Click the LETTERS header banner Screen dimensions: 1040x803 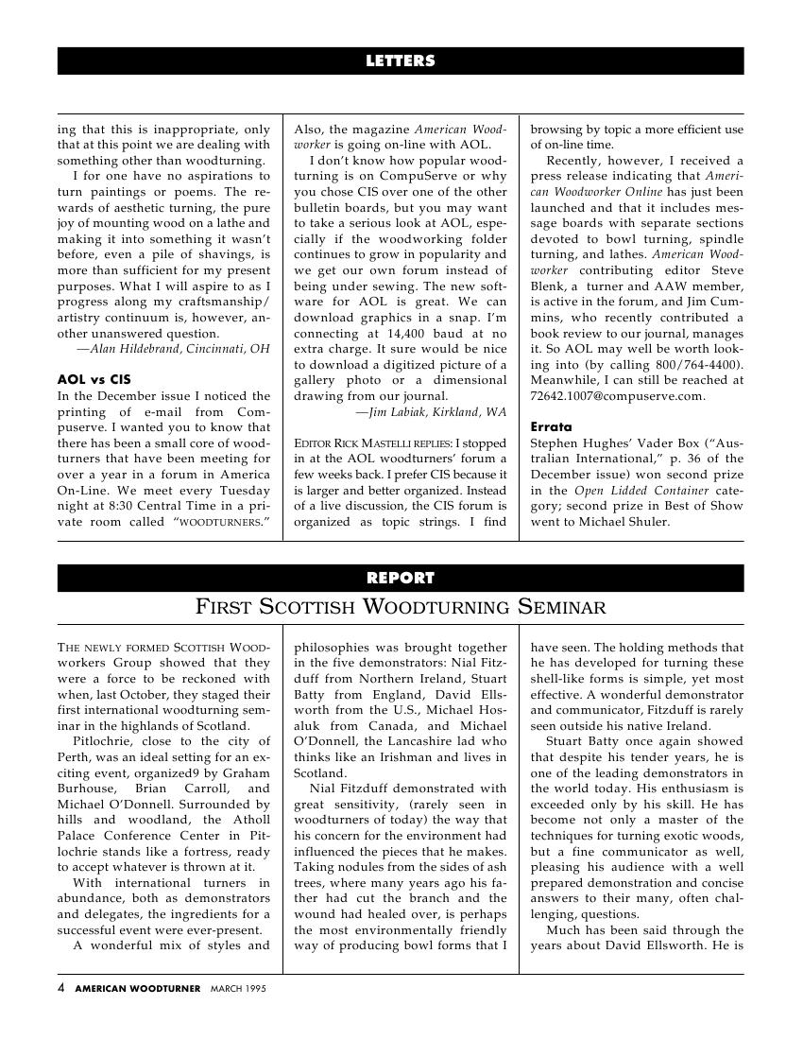click(401, 61)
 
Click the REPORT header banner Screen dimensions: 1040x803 click(401, 578)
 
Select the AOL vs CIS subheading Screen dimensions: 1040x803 click(94, 378)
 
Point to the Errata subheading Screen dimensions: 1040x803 click(550, 426)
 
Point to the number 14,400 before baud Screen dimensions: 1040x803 click(417, 333)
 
